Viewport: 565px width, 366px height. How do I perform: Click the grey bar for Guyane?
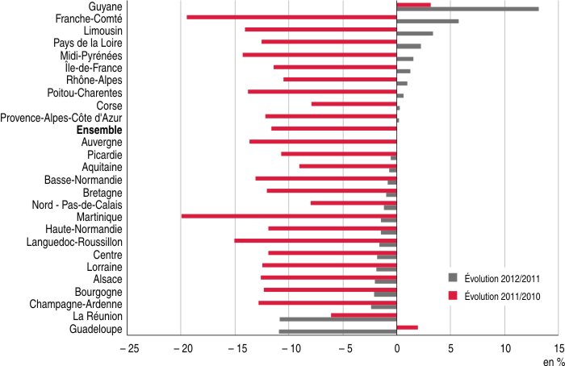tap(467, 9)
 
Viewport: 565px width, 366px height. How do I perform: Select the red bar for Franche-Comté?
tap(291, 17)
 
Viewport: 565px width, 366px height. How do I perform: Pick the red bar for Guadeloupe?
tap(407, 327)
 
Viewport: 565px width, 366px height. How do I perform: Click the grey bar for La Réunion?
tap(338, 319)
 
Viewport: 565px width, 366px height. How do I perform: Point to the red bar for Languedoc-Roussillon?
tap(316, 240)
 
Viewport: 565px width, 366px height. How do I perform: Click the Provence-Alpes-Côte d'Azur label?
tap(61, 118)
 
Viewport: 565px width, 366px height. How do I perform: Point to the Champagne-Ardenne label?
tap(76, 304)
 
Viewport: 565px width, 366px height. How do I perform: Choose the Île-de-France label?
tap(94, 68)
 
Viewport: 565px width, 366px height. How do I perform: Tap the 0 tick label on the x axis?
tap(396, 349)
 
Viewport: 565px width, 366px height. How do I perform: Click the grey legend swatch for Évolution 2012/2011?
tap(453, 277)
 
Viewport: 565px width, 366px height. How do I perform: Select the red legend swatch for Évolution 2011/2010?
tap(453, 296)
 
